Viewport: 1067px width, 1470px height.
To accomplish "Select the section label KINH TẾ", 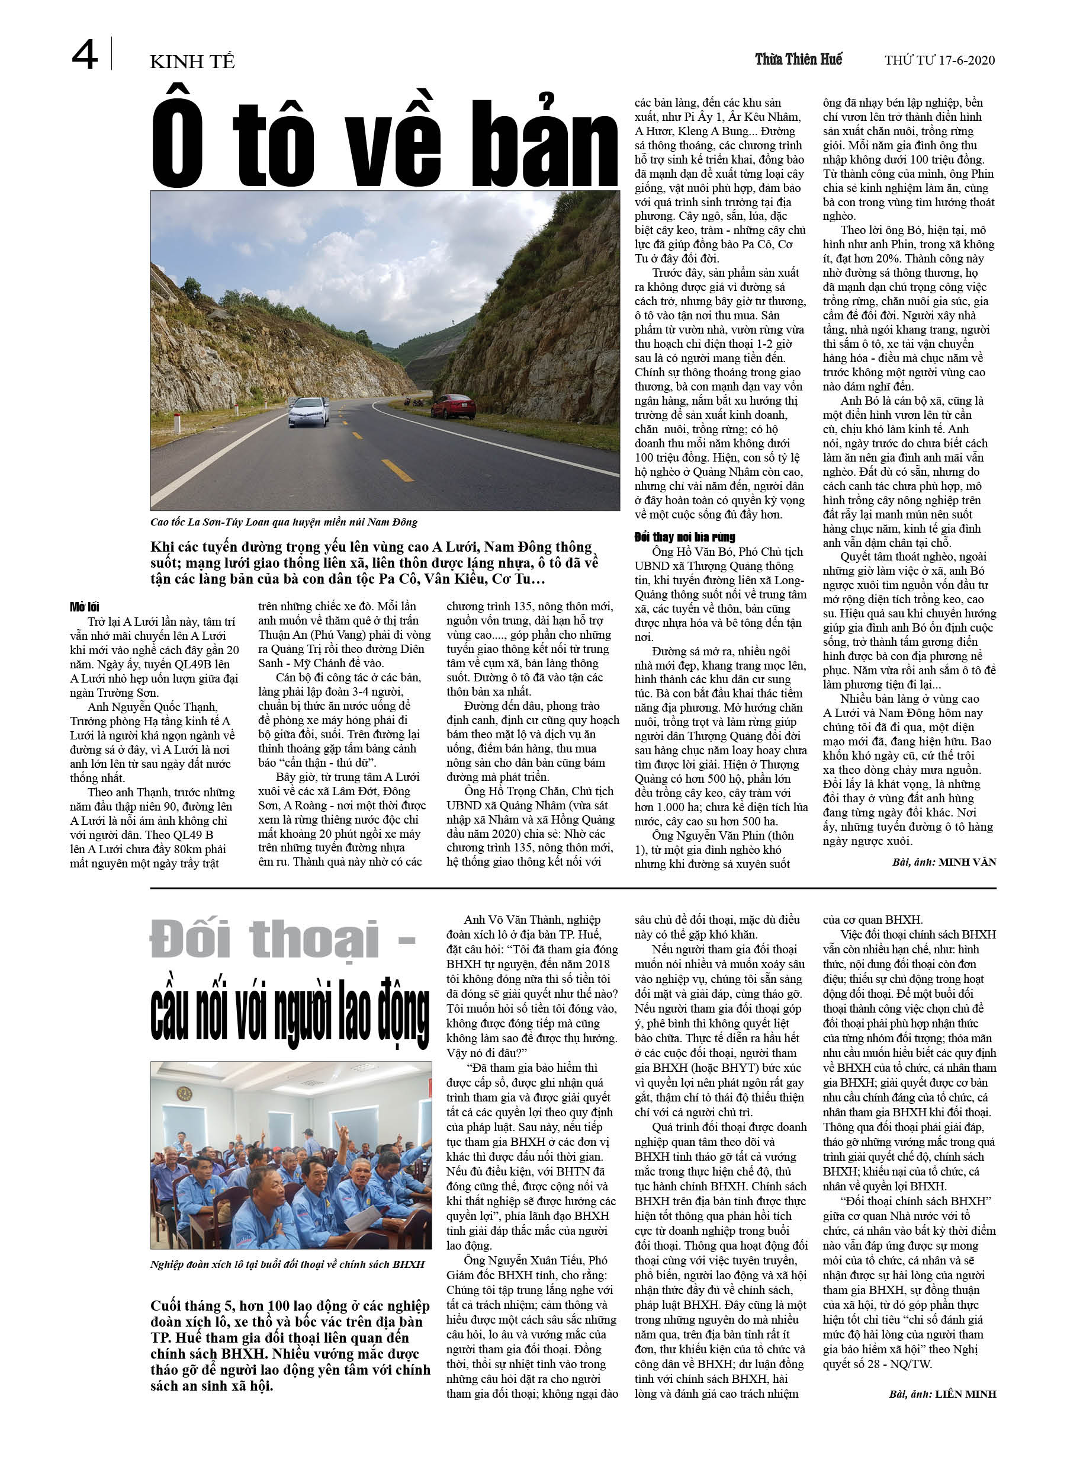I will pyautogui.click(x=192, y=62).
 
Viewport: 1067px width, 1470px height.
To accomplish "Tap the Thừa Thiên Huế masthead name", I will pyautogui.click(x=798, y=60).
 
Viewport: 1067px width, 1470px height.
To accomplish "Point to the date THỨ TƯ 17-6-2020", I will pyautogui.click(x=939, y=60).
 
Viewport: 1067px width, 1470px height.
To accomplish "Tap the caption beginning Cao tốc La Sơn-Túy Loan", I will pyautogui.click(x=284, y=522).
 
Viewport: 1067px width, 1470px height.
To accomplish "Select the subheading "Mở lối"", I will pyautogui.click(x=85, y=607).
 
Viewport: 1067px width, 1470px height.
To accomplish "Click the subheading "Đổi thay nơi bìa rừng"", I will pyautogui.click(x=684, y=537).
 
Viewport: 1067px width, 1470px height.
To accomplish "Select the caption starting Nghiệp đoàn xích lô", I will pyautogui.click(x=287, y=1264).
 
